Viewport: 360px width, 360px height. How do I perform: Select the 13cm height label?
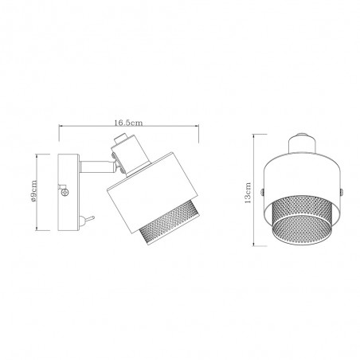tap(248, 191)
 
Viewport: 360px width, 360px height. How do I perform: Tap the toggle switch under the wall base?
tap(90, 218)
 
